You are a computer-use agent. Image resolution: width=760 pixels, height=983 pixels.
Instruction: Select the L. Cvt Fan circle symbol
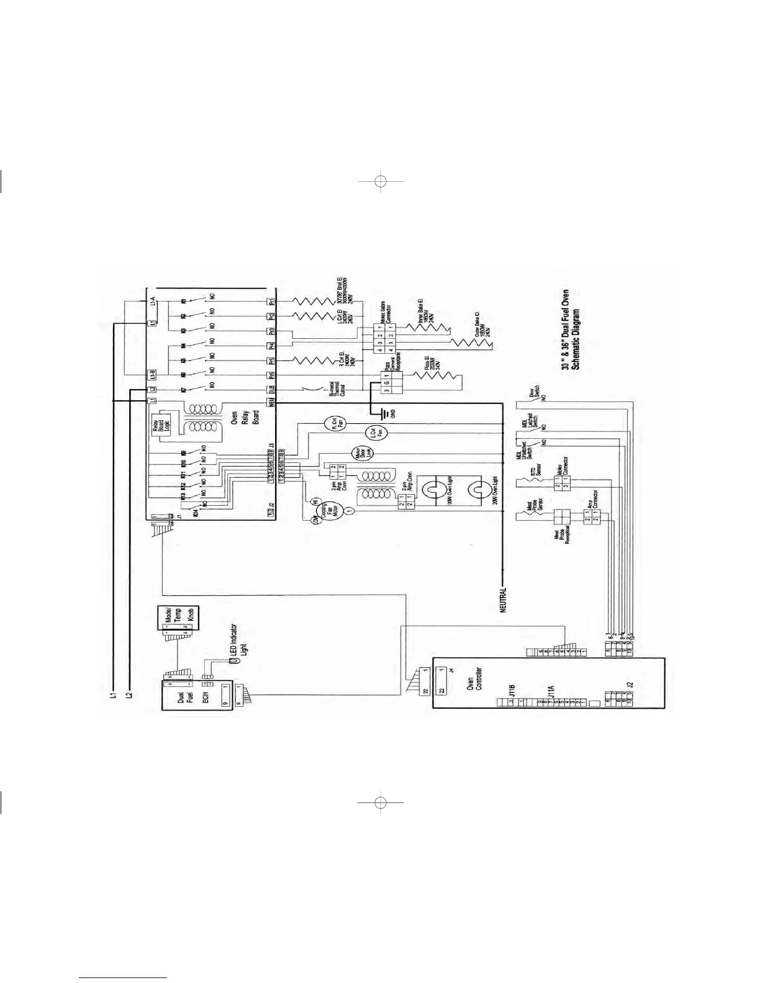point(374,433)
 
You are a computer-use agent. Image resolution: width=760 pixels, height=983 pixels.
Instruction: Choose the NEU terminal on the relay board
point(271,402)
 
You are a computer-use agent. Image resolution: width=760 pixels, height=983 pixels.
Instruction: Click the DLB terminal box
point(271,389)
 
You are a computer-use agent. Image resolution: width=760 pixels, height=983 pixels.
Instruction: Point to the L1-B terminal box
point(151,375)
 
